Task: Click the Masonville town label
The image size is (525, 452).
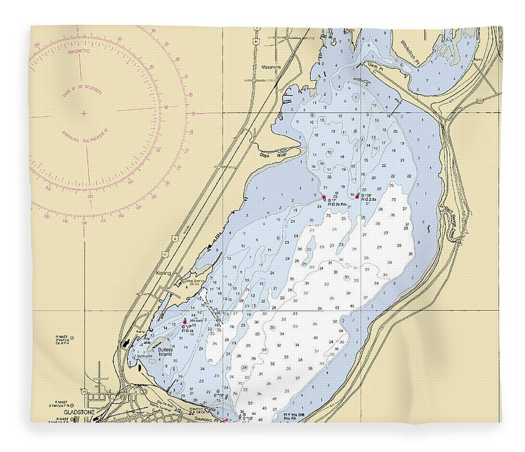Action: [x=272, y=67]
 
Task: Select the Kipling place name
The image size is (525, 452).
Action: [x=164, y=273]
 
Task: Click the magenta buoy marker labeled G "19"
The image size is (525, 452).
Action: [x=357, y=197]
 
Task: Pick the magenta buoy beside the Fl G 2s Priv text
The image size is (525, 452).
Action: [x=323, y=198]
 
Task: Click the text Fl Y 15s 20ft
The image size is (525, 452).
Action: [x=294, y=415]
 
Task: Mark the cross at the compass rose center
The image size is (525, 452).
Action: [x=84, y=112]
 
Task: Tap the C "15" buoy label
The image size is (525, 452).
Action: [x=221, y=395]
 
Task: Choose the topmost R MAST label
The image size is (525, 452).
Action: [x=62, y=336]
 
